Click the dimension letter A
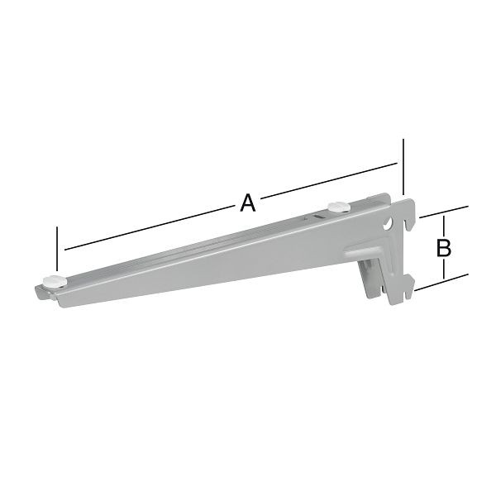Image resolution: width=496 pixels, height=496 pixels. pyautogui.click(x=247, y=202)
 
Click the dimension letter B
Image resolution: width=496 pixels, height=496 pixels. pyautogui.click(x=443, y=246)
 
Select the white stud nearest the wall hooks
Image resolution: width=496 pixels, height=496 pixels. pyautogui.click(x=336, y=207)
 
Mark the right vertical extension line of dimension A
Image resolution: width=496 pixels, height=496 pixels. pyautogui.click(x=403, y=165)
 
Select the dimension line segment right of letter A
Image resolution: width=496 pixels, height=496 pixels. pyautogui.click(x=331, y=182)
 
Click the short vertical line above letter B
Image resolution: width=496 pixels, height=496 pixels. pyautogui.click(x=444, y=225)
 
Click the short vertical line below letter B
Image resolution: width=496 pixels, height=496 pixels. pyautogui.click(x=444, y=268)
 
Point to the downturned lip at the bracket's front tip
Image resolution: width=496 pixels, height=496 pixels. pyautogui.click(x=40, y=293)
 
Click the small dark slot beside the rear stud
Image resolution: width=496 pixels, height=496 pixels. pyautogui.click(x=317, y=217)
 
